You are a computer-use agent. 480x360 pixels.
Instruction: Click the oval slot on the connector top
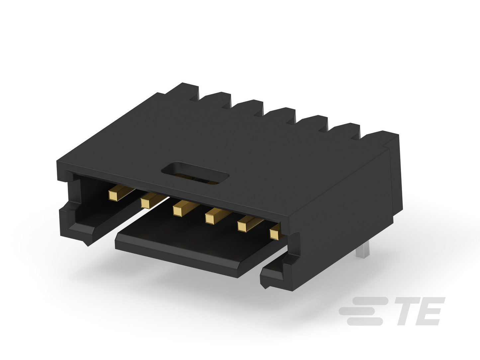click(195, 173)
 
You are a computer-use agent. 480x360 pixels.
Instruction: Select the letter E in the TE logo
click(430, 311)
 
